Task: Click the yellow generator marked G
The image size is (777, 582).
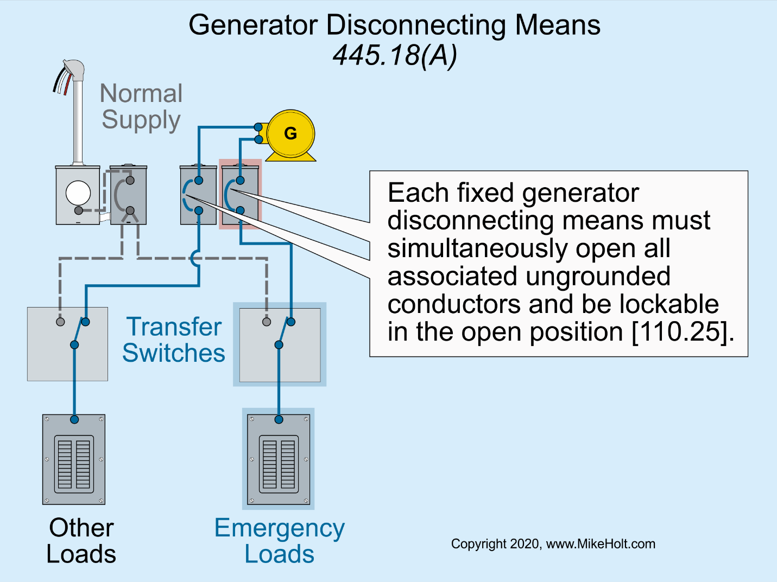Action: [x=290, y=134]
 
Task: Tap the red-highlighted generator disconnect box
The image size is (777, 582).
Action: [x=241, y=194]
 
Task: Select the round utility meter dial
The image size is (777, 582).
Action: [x=78, y=193]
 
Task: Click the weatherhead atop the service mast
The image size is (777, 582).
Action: [x=74, y=70]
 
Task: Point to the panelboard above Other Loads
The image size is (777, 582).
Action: [x=74, y=459]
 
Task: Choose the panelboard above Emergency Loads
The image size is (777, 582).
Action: [x=279, y=459]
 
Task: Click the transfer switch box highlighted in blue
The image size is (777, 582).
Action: [x=280, y=344]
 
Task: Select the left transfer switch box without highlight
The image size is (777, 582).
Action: [x=67, y=344]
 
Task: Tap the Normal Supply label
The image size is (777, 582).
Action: [x=141, y=107]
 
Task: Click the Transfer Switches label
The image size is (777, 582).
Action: [x=174, y=340]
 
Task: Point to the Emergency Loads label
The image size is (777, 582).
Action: [x=279, y=541]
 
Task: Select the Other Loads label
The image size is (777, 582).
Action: [x=81, y=541]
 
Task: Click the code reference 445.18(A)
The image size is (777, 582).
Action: [x=395, y=55]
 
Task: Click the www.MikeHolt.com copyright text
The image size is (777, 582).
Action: [x=600, y=544]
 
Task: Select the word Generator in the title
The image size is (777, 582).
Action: [x=253, y=25]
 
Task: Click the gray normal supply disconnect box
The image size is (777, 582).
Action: [x=129, y=195]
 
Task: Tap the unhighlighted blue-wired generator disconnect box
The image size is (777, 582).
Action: [x=198, y=195]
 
